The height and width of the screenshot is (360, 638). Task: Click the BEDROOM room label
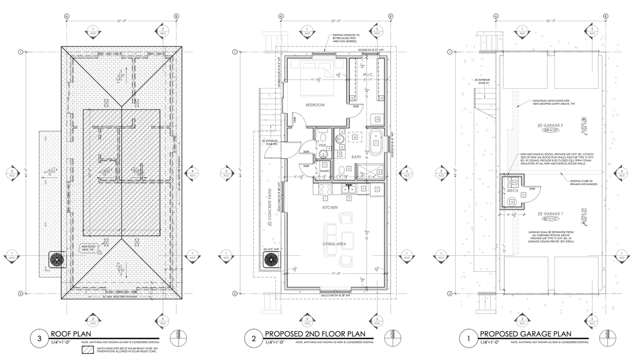(x=315, y=105)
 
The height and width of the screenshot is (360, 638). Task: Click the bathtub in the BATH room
(x=375, y=143)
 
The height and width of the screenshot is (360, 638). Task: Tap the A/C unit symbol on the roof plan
(x=56, y=259)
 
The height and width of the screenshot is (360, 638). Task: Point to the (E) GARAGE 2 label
(x=549, y=124)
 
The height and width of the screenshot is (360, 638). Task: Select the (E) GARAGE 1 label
(x=549, y=213)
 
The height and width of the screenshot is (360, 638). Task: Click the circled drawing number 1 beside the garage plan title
(x=468, y=337)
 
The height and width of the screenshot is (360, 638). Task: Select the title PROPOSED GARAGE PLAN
(x=525, y=334)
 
